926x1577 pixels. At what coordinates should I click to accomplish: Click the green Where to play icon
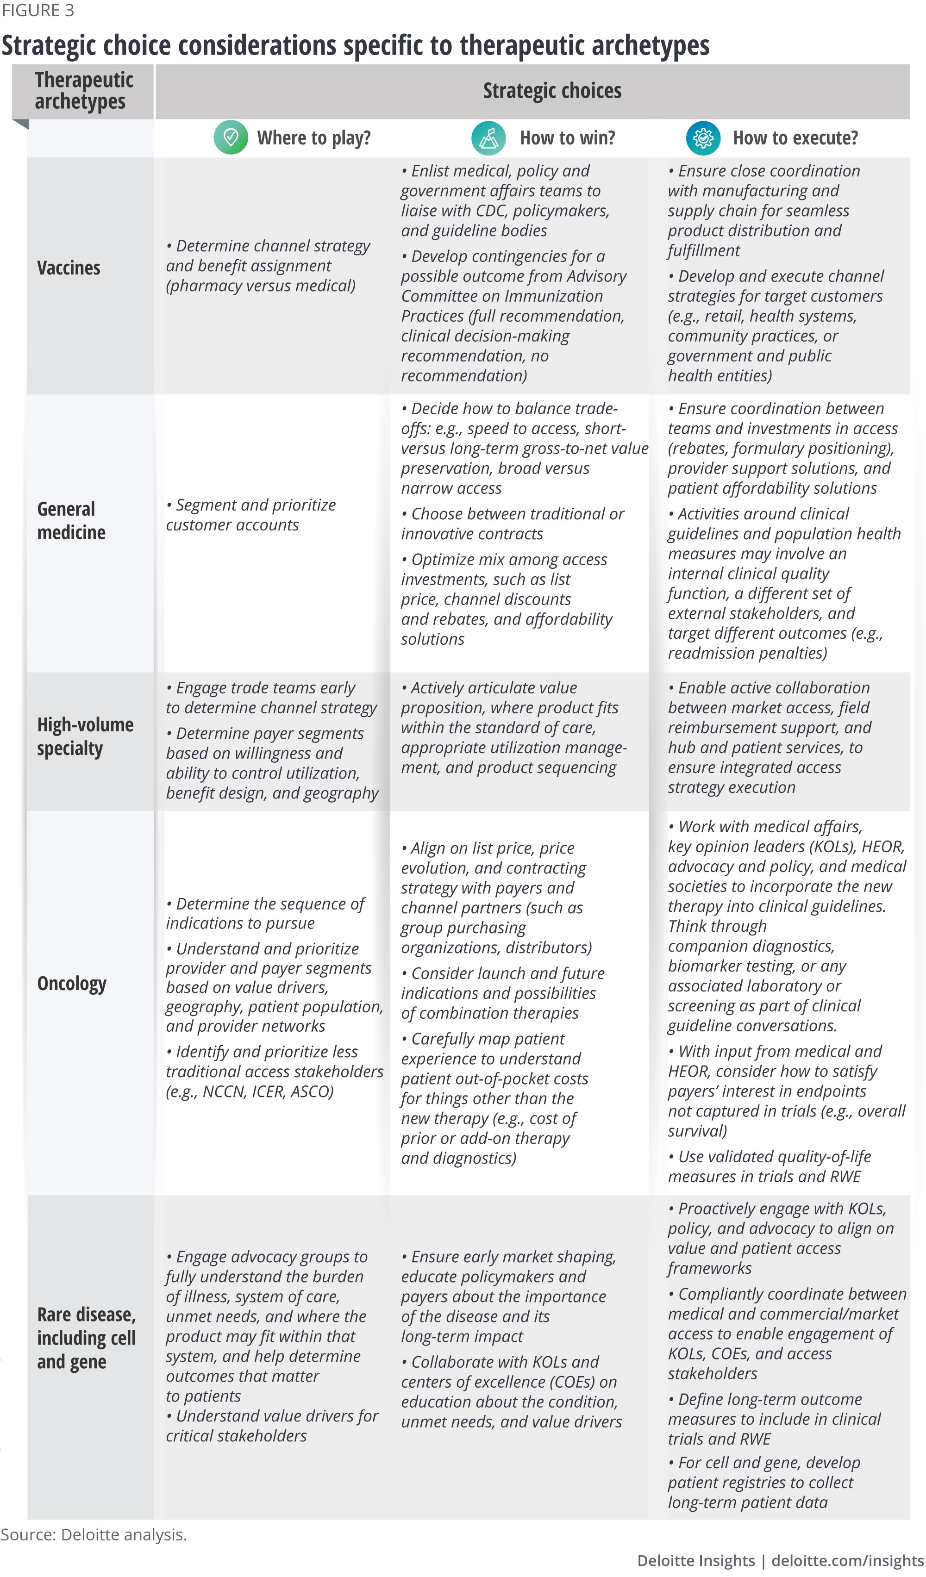231,137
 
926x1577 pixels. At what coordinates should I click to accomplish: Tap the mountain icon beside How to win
488,137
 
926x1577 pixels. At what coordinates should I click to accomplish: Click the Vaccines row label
69,268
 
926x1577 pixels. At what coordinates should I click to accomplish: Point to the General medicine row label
71,521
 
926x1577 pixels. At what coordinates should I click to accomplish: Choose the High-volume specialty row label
85,736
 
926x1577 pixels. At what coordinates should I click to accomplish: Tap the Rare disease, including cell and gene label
87,1338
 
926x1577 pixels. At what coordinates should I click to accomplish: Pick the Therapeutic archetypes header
84,91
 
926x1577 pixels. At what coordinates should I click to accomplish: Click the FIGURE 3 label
38,11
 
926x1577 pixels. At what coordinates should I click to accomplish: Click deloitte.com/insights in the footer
847,1561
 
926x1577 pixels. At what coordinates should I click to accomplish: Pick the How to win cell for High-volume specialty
513,727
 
